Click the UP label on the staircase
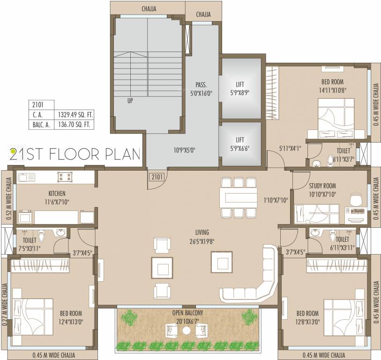(x=130, y=100)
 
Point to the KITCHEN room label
(x=57, y=193)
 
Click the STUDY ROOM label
(x=322, y=186)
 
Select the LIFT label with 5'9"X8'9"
(x=240, y=85)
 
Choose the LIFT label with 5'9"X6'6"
(x=240, y=140)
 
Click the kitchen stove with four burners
(x=65, y=177)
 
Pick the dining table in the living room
(x=239, y=197)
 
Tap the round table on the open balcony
(x=187, y=331)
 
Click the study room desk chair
(x=356, y=200)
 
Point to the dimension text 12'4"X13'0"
(x=71, y=322)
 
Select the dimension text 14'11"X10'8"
(x=330, y=90)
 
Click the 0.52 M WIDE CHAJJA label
(x=9, y=197)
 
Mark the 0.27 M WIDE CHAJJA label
(x=5, y=304)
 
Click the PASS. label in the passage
(x=201, y=85)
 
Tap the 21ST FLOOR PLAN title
(x=75, y=153)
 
